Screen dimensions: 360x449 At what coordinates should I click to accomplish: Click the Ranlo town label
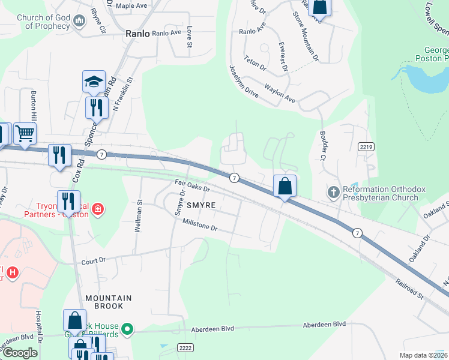(137, 34)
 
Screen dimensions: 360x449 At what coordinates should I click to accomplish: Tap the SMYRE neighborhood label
(200, 205)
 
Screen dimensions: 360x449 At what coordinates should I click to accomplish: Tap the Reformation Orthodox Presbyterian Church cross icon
(334, 193)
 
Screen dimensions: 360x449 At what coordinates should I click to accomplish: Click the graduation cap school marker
(94, 82)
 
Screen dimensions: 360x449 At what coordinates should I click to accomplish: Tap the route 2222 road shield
(185, 348)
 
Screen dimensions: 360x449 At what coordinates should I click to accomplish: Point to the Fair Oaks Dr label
(192, 186)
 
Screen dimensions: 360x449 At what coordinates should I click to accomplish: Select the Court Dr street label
(93, 260)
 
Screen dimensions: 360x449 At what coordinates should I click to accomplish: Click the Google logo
(20, 353)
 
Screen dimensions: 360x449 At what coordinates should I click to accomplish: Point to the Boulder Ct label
(318, 146)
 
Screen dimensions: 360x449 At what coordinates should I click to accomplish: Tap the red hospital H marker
(12, 272)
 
